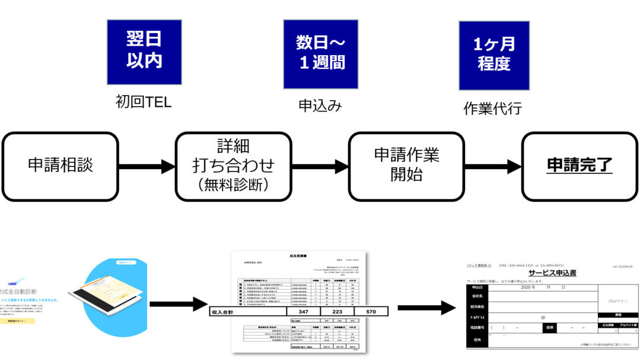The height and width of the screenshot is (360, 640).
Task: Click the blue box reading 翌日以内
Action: [x=144, y=52]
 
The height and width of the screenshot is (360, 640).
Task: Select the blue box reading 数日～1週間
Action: [x=320, y=54]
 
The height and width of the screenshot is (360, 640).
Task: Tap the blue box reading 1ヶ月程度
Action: [x=494, y=55]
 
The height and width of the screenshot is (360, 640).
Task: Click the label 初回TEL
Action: [x=144, y=102]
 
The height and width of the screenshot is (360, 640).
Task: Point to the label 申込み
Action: [x=320, y=106]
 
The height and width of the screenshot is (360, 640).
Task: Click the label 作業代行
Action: [x=492, y=108]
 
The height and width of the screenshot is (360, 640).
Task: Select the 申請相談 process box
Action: [x=61, y=165]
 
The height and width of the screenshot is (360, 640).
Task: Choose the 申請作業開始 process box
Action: [x=406, y=165]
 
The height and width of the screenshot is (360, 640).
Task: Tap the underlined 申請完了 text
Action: [x=579, y=165]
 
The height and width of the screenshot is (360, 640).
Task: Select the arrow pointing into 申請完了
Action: [x=492, y=166]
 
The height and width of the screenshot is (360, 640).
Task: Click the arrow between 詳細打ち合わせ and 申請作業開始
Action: [x=320, y=166]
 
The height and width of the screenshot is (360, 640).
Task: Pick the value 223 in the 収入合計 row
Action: [x=336, y=311]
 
